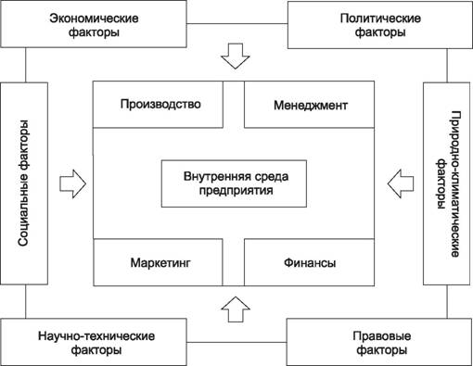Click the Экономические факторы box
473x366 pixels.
[94, 24]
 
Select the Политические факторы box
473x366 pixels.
[380, 25]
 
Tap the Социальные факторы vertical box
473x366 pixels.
[24, 183]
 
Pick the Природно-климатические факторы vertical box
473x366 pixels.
[446, 183]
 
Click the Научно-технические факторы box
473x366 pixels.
[94, 342]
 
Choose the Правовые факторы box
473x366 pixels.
[379, 342]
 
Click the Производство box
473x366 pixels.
[158, 105]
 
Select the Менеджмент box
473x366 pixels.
[309, 105]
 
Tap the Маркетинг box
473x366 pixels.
[158, 262]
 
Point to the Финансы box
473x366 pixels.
[309, 262]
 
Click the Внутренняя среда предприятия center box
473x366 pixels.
[234, 183]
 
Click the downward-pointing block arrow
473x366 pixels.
[236, 56]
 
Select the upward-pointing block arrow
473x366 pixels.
[236, 309]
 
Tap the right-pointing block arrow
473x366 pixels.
[72, 183]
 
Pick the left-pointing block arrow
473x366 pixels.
[401, 183]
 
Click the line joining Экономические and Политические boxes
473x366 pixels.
[237, 23]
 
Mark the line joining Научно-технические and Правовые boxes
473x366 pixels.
[236, 342]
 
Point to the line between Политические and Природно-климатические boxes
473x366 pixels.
[447, 66]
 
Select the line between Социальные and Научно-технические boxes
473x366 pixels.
[25, 301]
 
